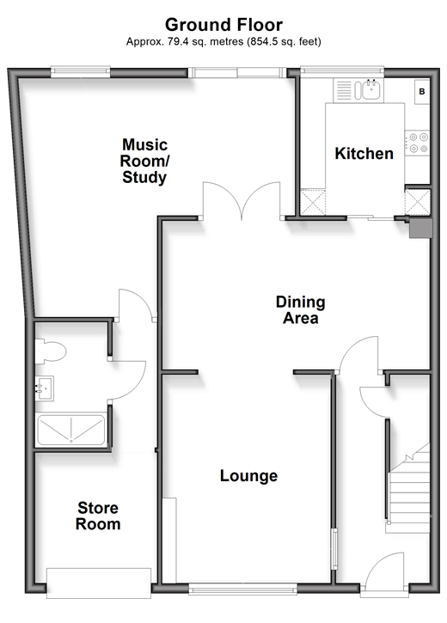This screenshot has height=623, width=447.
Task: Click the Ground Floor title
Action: coord(223,25)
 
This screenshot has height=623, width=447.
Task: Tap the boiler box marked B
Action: coord(421,92)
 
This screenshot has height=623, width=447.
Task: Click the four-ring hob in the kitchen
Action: coord(418,143)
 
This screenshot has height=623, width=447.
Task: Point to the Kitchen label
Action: coord(364,153)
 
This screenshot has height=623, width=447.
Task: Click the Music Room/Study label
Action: coord(144,161)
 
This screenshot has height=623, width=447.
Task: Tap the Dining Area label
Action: coord(300,310)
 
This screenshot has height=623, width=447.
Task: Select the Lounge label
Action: coord(248,475)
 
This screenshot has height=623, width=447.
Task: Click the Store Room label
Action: coord(98,516)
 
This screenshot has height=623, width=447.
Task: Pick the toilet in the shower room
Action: coord(51,351)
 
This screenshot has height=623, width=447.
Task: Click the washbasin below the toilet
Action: coord(44,388)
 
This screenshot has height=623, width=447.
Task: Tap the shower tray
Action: coord(70,430)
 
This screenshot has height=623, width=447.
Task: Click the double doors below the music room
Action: coord(242,201)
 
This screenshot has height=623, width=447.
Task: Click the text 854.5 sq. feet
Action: coord(285,41)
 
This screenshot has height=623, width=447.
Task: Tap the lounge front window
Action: coord(242,589)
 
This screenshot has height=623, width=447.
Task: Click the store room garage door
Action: coord(99,583)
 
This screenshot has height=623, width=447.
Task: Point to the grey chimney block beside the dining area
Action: coord(420,228)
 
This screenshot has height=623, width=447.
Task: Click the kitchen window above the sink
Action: coord(342,71)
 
